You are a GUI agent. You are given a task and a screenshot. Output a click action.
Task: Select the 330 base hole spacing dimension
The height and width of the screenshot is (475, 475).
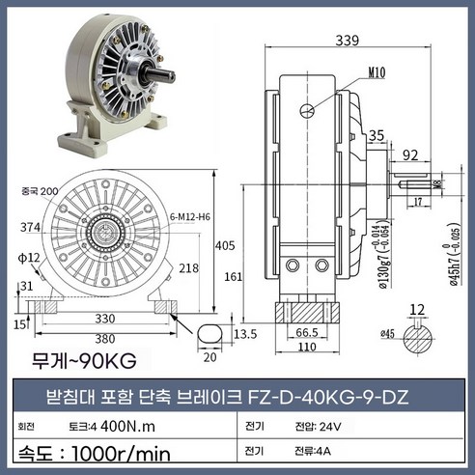coord(100,317)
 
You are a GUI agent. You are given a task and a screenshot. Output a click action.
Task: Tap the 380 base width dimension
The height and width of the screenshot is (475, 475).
coord(101,339)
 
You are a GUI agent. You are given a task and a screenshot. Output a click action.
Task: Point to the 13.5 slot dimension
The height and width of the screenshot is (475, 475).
coord(245,333)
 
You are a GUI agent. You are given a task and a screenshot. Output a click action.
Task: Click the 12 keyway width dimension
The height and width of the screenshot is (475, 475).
coord(417,310)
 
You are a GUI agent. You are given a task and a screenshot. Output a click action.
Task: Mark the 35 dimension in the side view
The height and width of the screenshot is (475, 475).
coord(377,135)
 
